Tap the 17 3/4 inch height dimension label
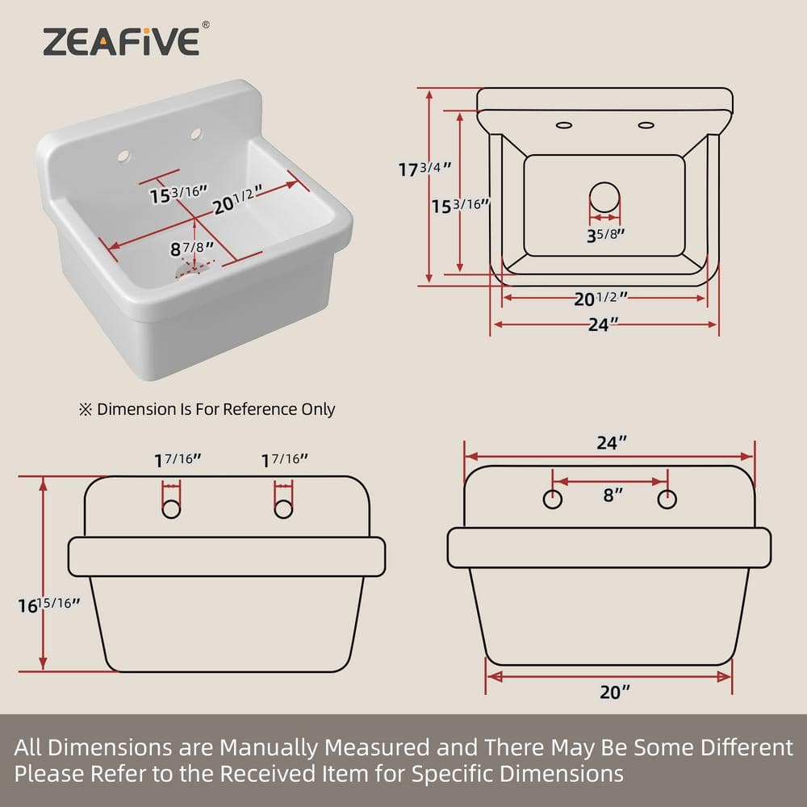(425, 169)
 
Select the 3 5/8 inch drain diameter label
(606, 235)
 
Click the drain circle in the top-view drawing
(604, 197)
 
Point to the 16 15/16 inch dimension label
(49, 604)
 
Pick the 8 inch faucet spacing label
(613, 495)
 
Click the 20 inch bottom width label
(614, 692)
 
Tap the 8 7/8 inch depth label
(191, 249)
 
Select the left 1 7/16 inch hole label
(178, 460)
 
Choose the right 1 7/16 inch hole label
(284, 460)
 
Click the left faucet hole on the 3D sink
(123, 156)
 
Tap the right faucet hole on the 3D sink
(196, 134)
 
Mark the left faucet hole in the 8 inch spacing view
(553, 500)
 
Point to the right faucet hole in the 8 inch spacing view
(667, 500)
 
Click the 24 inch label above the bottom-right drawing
(612, 442)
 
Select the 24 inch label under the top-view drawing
(603, 324)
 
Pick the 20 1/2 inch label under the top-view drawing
(600, 299)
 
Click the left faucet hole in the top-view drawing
(564, 125)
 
